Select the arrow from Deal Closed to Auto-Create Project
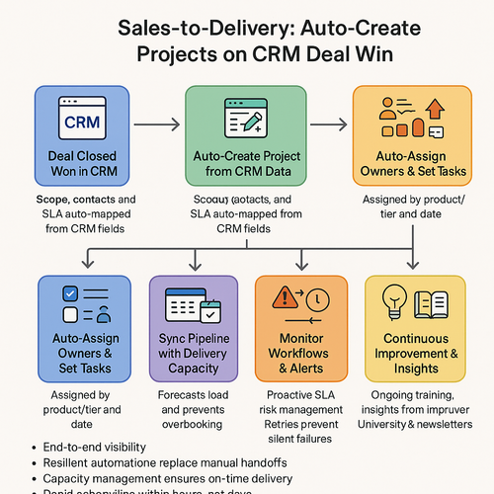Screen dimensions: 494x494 click(156, 125)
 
